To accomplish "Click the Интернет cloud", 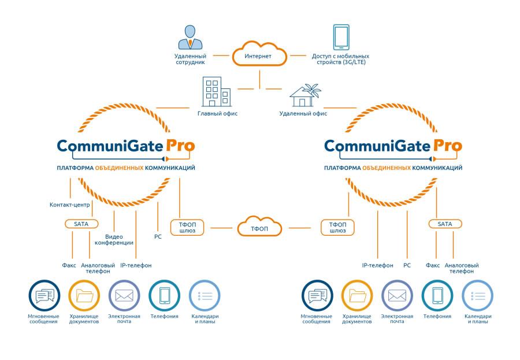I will pyautogui.click(x=259, y=55).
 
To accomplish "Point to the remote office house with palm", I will pyautogui.click(x=304, y=95).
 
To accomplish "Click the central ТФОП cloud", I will pyautogui.click(x=259, y=227).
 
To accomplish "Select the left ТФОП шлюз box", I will pyautogui.click(x=188, y=227).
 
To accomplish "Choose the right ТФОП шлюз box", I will pyautogui.click(x=337, y=227).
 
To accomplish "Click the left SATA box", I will pyautogui.click(x=81, y=224).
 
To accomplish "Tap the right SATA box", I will pyautogui.click(x=445, y=224).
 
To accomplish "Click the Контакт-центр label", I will pyautogui.click(x=69, y=205).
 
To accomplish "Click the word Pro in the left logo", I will pyautogui.click(x=180, y=145).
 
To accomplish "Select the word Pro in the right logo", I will pyautogui.click(x=447, y=145).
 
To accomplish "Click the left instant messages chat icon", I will pyautogui.click(x=44, y=296).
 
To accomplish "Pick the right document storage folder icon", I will pyautogui.click(x=356, y=296).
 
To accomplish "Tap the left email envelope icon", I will pyautogui.click(x=124, y=296).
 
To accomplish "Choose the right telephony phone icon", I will pyautogui.click(x=437, y=296).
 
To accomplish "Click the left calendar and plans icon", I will pyautogui.click(x=205, y=296).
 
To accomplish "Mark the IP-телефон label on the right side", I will pyautogui.click(x=377, y=265).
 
